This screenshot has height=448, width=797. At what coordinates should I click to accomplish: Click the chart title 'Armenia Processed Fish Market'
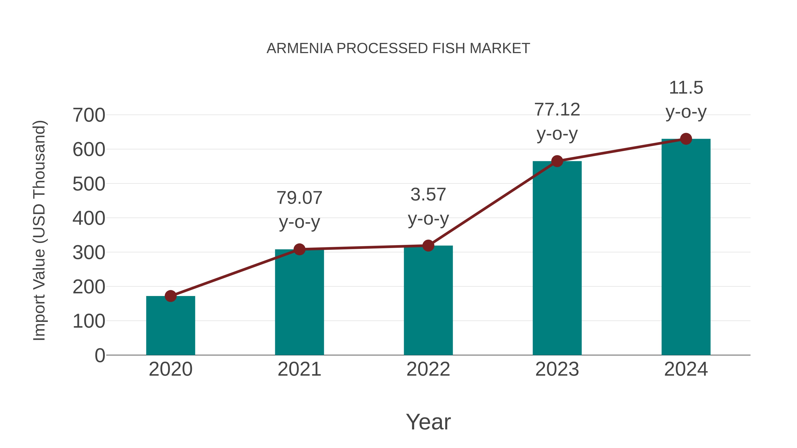398,48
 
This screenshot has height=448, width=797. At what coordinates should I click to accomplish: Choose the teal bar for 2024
686,247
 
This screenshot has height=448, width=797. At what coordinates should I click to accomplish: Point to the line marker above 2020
170,296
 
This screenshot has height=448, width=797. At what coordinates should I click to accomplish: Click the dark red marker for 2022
428,246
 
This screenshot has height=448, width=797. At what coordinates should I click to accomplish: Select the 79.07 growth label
299,198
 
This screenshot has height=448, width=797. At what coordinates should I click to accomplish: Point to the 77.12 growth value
557,110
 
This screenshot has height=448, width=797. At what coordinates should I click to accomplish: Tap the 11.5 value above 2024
686,88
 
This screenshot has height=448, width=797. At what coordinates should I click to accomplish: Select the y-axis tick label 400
89,218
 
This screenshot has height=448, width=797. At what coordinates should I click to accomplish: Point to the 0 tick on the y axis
100,355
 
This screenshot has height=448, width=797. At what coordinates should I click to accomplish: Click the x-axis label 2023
557,369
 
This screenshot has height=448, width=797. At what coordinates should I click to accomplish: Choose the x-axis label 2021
299,369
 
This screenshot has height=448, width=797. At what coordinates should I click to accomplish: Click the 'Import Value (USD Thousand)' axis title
40,230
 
